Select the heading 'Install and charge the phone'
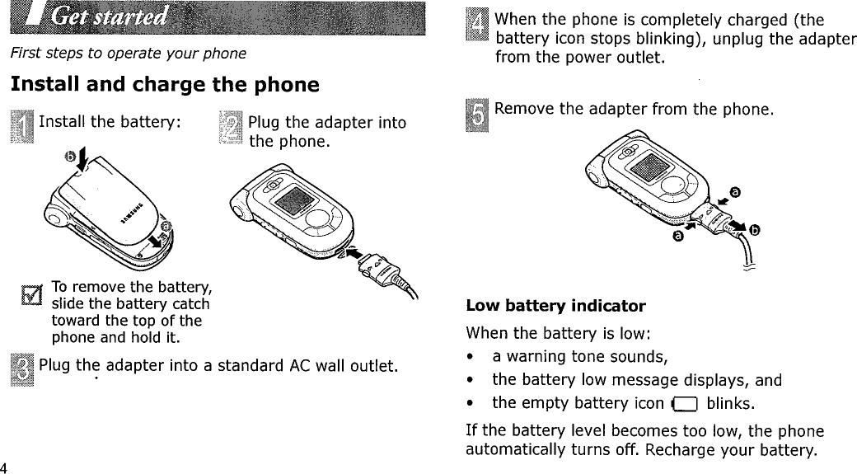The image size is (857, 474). [164, 85]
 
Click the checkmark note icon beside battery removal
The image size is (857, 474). [33, 293]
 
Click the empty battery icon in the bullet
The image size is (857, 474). [685, 404]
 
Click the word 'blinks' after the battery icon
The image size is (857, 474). [731, 404]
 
